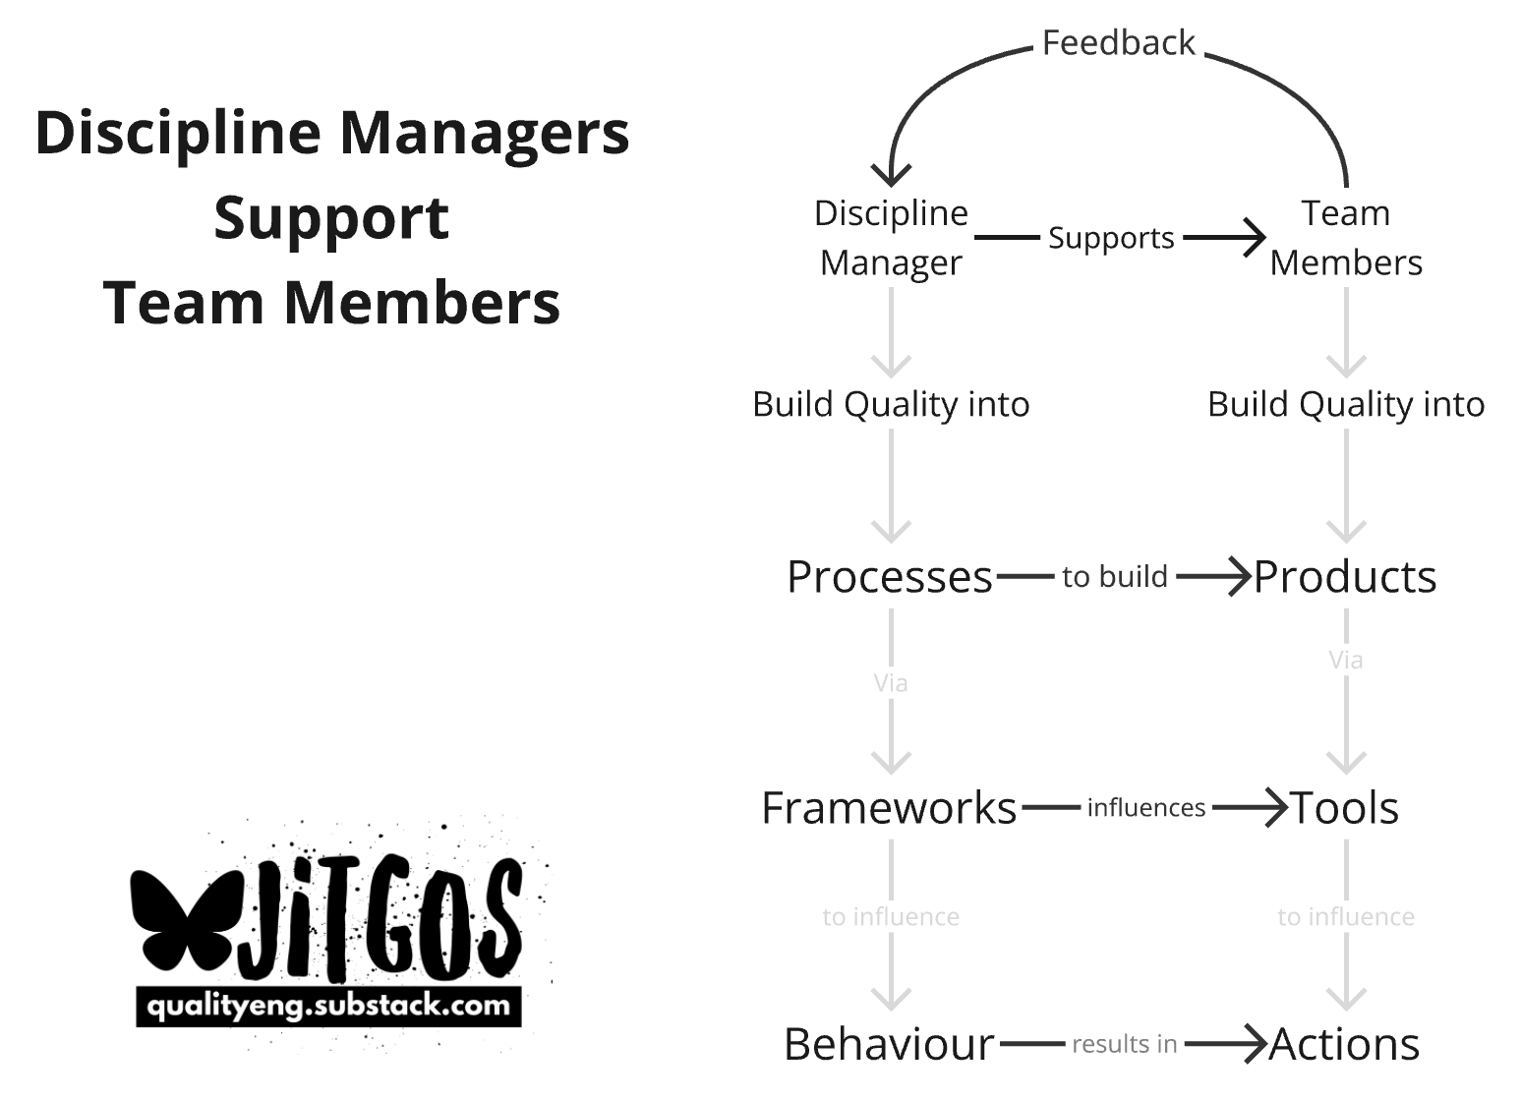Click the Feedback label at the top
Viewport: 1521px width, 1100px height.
tap(1118, 43)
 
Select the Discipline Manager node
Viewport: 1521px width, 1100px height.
tap(891, 238)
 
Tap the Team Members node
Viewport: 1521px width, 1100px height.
tap(1345, 238)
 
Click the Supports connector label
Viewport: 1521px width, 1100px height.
tap(1111, 238)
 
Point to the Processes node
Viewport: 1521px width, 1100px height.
tap(890, 577)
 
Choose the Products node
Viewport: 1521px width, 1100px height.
tap(1345, 577)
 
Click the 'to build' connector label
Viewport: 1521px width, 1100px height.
tap(1115, 577)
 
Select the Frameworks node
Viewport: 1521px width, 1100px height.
tap(889, 808)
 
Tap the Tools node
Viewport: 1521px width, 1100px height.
tap(1344, 808)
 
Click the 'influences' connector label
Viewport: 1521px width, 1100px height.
tap(1146, 808)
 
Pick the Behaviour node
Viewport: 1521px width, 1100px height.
tap(889, 1044)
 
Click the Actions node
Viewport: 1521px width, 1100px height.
tap(1344, 1044)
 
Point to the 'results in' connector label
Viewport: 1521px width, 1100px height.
tap(1125, 1044)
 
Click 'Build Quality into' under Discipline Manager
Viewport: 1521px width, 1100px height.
tap(891, 404)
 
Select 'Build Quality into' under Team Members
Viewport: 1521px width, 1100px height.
tap(1346, 404)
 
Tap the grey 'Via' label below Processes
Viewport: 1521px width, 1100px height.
tap(891, 683)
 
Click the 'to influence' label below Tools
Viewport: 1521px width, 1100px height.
tap(1346, 917)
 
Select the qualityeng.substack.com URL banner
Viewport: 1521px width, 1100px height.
tap(328, 1007)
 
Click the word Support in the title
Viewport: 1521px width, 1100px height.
tap(331, 217)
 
